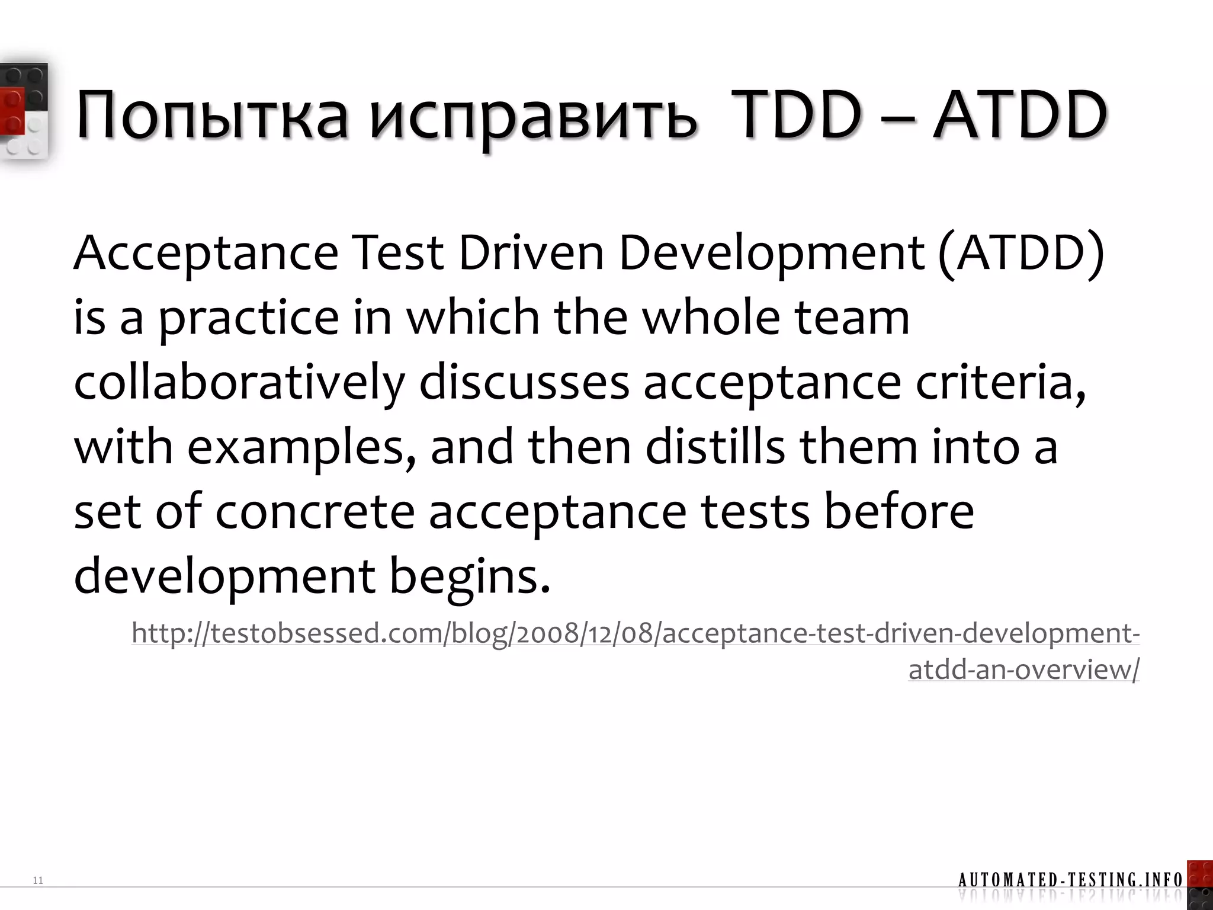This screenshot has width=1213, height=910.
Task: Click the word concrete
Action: (x=315, y=512)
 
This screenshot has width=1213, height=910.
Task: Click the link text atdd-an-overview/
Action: (x=1023, y=669)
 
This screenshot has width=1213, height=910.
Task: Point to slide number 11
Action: (x=38, y=880)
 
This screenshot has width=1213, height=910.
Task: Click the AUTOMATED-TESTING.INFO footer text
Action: (x=1070, y=880)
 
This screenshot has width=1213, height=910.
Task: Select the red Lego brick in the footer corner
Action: (x=1200, y=874)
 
